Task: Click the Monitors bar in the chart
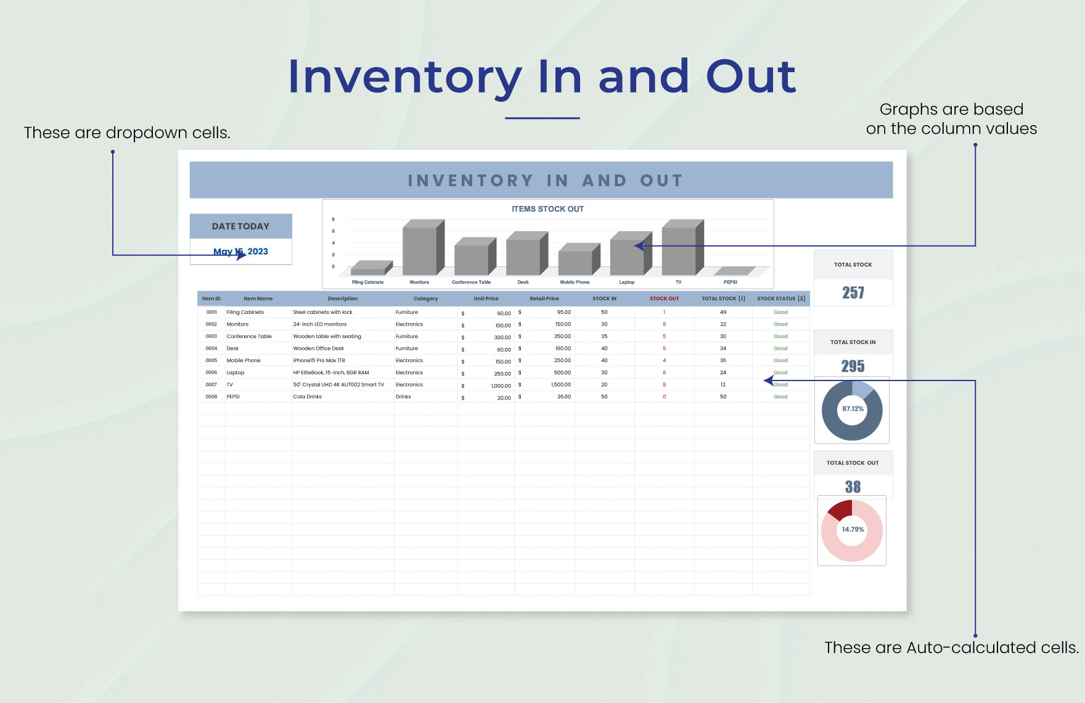pos(420,250)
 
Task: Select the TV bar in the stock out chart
pos(679,250)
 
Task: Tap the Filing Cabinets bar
pos(368,270)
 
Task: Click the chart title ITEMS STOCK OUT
pos(547,209)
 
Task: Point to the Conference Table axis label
pos(471,282)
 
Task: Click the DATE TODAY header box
pos(240,226)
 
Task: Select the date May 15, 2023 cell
pos(240,252)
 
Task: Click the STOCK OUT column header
pos(664,298)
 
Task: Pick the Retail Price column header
pos(544,298)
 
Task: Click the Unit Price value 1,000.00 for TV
pos(501,385)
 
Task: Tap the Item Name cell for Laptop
pos(235,372)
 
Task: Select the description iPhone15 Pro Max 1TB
pos(319,361)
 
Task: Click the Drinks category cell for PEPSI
pos(403,397)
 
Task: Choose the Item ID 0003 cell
pos(211,337)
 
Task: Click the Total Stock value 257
pos(853,293)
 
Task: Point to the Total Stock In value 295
pos(853,366)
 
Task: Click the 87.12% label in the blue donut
pos(853,409)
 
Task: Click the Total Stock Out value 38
pos(853,487)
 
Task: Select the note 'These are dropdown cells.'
pos(127,133)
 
